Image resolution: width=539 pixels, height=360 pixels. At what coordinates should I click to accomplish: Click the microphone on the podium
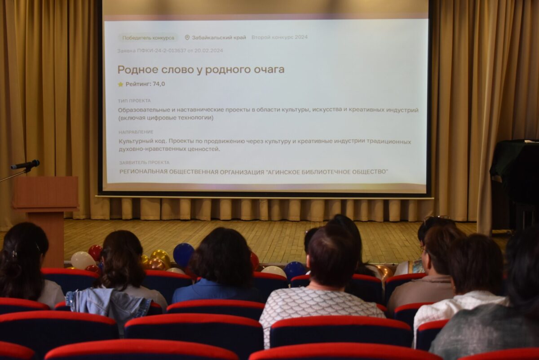tap(25, 164)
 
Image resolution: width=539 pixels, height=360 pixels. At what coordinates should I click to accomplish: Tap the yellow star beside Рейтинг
tap(120, 84)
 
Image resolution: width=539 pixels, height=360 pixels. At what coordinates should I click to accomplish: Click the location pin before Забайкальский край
tap(187, 38)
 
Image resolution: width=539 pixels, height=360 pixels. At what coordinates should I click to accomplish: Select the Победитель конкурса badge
tap(148, 38)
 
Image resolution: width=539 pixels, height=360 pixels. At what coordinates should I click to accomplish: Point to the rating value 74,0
tap(159, 84)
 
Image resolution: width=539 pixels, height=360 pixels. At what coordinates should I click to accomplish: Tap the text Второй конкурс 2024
tap(279, 37)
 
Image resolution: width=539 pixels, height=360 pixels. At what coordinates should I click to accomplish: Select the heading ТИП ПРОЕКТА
tap(134, 101)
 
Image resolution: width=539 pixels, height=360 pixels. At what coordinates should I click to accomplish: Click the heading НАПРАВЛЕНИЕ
tap(136, 132)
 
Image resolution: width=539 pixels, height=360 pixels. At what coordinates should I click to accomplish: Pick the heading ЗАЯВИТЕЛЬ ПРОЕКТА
tap(144, 163)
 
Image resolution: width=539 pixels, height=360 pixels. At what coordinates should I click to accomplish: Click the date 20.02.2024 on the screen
tap(208, 51)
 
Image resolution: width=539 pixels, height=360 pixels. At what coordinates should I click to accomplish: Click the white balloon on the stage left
tap(82, 260)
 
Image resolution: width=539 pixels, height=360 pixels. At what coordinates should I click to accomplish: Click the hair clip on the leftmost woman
tap(14, 254)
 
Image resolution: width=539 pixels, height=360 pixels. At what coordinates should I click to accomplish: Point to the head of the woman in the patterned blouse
tap(331, 256)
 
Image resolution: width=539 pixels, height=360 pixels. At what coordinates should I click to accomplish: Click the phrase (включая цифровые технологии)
tap(166, 118)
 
